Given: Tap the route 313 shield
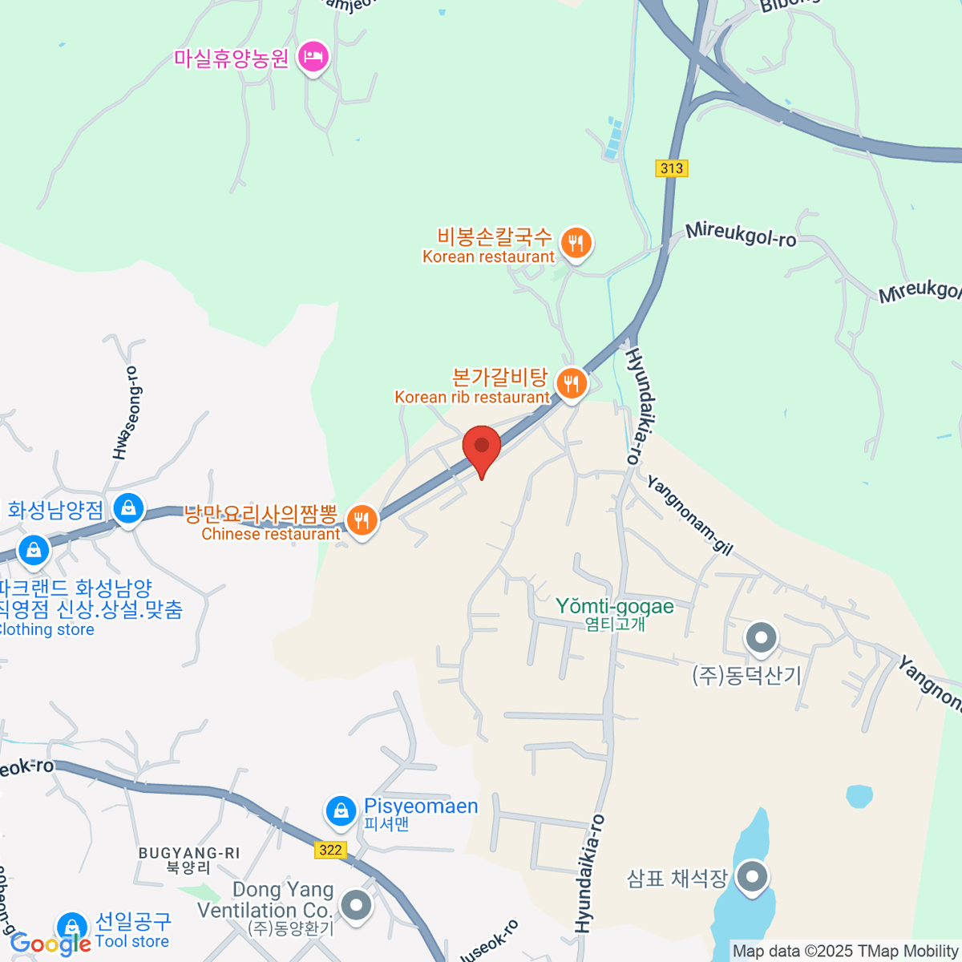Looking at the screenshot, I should [672, 168].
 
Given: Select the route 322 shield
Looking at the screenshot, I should [329, 850].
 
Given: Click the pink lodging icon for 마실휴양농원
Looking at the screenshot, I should [313, 56].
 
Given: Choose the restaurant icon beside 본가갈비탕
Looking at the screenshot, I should [571, 384].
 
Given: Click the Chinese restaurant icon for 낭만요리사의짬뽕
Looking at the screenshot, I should [362, 520].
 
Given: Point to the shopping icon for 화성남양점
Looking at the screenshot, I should [128, 507].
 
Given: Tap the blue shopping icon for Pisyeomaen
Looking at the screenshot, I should [341, 810].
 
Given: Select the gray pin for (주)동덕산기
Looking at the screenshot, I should [761, 639].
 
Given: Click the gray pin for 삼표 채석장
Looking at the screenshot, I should [751, 876].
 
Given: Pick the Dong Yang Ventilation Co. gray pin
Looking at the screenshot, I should [356, 907].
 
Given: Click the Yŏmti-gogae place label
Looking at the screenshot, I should [615, 607].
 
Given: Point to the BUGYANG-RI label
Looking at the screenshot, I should [189, 853].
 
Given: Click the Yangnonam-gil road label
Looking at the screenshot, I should [689, 515].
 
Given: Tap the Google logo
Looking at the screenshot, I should [50, 944].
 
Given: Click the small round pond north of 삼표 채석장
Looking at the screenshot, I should [859, 796].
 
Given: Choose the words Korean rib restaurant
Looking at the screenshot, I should [472, 398].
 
